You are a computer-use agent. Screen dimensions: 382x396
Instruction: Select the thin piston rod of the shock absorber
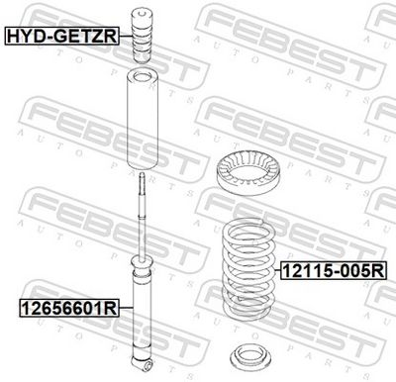tap(145, 213)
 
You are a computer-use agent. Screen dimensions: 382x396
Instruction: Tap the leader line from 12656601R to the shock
tap(126, 307)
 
